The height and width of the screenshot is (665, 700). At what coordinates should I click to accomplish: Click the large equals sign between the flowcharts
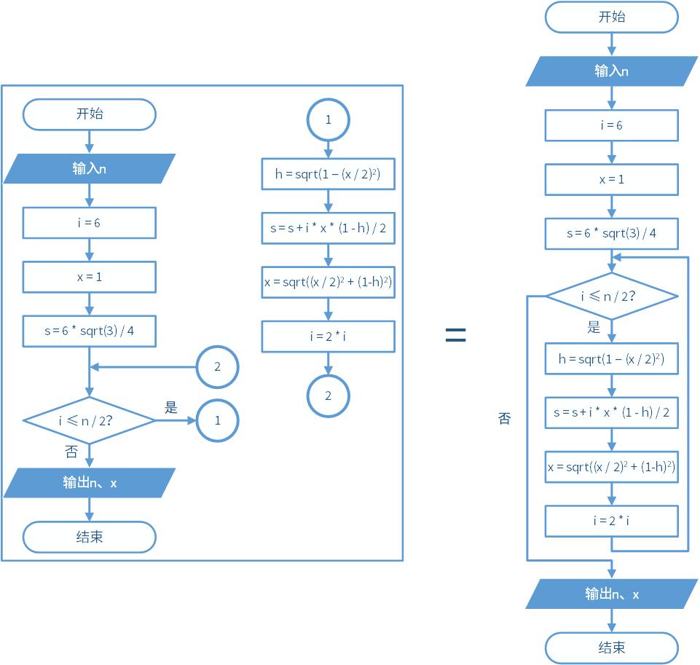click(x=455, y=334)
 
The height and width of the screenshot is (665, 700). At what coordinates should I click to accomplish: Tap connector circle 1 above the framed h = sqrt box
click(x=328, y=119)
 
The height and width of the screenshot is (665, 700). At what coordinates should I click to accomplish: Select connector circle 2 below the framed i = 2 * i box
click(x=328, y=396)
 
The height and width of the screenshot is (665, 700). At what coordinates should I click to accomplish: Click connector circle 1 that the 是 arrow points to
click(x=217, y=420)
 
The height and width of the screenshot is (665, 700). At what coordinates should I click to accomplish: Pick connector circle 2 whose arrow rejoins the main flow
click(x=217, y=366)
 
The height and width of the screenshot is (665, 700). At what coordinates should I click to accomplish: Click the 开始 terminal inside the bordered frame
click(x=90, y=114)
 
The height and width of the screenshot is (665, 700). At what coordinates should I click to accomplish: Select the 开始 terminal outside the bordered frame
click(x=612, y=17)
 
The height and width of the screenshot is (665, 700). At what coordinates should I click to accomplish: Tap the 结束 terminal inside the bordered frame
click(x=90, y=538)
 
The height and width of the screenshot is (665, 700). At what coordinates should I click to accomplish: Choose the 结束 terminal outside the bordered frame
click(x=612, y=648)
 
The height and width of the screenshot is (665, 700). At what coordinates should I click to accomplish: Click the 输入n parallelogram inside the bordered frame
click(x=90, y=168)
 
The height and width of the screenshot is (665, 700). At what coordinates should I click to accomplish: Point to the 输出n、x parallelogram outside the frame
click(x=612, y=594)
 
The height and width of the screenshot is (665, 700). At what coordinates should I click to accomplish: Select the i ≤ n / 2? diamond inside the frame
click(x=90, y=420)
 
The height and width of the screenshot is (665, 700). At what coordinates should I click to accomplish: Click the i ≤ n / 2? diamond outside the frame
click(x=612, y=296)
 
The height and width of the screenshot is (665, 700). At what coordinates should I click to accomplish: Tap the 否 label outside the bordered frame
click(x=504, y=419)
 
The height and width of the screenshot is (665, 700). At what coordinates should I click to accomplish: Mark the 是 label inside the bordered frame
click(x=171, y=407)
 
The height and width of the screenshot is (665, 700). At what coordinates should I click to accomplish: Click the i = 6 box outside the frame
click(x=612, y=125)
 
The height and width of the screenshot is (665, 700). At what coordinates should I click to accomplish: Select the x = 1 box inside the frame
click(x=90, y=277)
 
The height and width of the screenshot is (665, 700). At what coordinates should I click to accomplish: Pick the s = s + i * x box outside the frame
click(x=612, y=413)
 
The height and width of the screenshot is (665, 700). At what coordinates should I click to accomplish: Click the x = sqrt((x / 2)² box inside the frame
click(x=328, y=282)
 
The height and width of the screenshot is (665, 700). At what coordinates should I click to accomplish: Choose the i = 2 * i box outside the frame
click(x=612, y=521)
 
